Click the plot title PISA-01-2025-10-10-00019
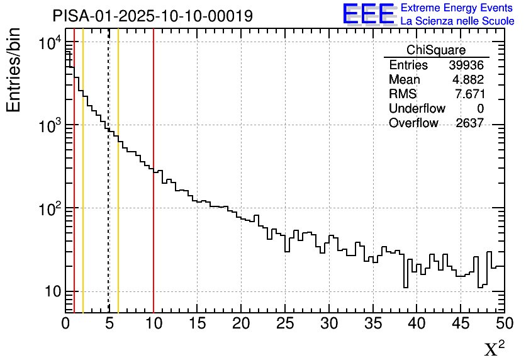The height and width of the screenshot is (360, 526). (x=153, y=16)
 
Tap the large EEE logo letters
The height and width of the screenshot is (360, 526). (x=368, y=14)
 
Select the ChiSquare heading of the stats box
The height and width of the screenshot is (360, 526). (x=436, y=50)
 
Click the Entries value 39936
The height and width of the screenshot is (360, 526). (x=466, y=65)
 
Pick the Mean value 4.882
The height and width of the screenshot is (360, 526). (x=470, y=79)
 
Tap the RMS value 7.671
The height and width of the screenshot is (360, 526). (x=470, y=94)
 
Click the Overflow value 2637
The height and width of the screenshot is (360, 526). (x=469, y=123)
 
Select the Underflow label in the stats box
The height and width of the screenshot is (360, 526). (x=417, y=108)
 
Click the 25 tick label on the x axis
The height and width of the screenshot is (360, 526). (x=286, y=324)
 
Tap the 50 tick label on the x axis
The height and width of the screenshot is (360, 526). (x=503, y=324)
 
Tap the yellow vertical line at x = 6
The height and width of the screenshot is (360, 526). (x=118, y=220)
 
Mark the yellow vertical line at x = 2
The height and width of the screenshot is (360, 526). (x=83, y=189)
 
